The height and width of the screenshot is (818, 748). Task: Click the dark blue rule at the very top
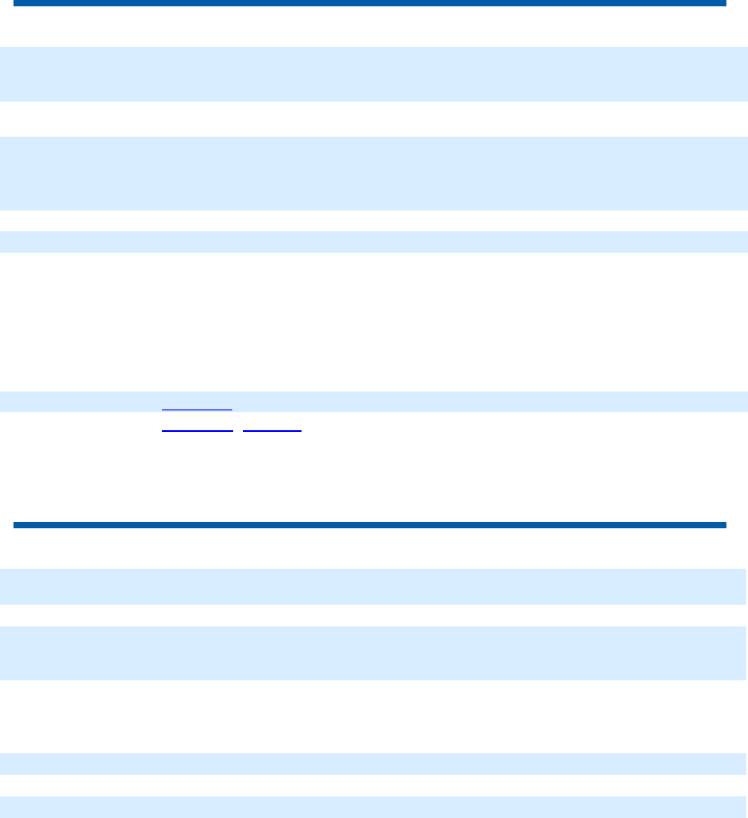(x=369, y=4)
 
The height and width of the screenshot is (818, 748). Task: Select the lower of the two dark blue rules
(x=369, y=525)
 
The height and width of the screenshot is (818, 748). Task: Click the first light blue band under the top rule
(x=374, y=74)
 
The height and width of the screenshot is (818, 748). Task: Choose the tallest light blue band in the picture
(x=374, y=173)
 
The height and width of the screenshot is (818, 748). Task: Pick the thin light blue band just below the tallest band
(x=374, y=241)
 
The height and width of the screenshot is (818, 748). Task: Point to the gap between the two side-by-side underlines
(x=237, y=430)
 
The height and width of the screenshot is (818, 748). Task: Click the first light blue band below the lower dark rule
(x=374, y=586)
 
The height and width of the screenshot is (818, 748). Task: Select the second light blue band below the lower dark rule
(x=374, y=652)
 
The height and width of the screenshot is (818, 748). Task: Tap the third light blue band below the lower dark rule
(x=374, y=763)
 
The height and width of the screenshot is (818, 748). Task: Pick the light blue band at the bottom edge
(x=374, y=806)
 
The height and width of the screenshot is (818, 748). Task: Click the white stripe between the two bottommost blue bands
(x=374, y=785)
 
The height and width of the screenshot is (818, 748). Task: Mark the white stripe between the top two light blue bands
(x=374, y=119)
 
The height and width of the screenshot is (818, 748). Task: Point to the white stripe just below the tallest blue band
(x=374, y=220)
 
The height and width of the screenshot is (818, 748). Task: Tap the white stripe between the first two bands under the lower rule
(x=374, y=615)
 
